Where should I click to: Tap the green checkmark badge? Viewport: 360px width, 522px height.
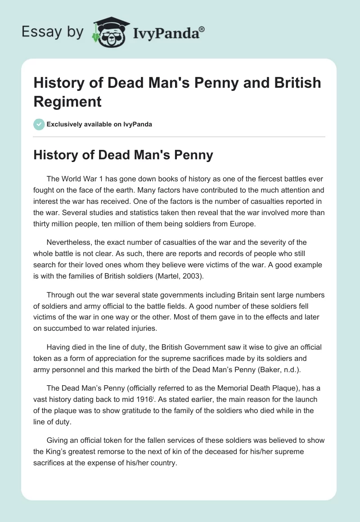39,124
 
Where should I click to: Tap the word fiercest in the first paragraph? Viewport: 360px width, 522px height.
248,179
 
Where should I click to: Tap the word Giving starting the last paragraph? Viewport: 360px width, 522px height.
58,440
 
